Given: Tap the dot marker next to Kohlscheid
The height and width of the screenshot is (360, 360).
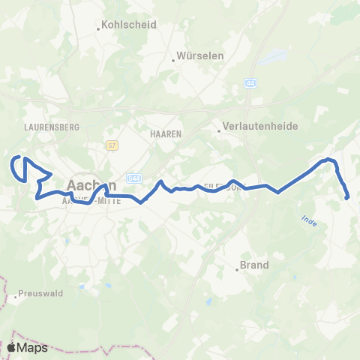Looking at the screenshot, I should pyautogui.click(x=99, y=30).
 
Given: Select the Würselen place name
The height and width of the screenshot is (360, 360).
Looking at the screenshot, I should pyautogui.click(x=196, y=56).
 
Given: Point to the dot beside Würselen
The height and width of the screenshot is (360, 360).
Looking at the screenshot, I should pyautogui.click(x=173, y=61).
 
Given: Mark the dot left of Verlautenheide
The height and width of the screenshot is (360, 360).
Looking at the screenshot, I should pyautogui.click(x=219, y=132).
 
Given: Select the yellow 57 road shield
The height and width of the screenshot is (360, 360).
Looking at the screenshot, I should pyautogui.click(x=112, y=144).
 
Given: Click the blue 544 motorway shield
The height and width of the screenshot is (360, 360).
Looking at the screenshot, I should pyautogui.click(x=134, y=178).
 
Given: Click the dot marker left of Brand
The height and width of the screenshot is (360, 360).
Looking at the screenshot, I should pyautogui.click(x=237, y=270).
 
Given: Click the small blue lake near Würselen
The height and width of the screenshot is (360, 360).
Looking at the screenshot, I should pyautogui.click(x=273, y=56).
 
